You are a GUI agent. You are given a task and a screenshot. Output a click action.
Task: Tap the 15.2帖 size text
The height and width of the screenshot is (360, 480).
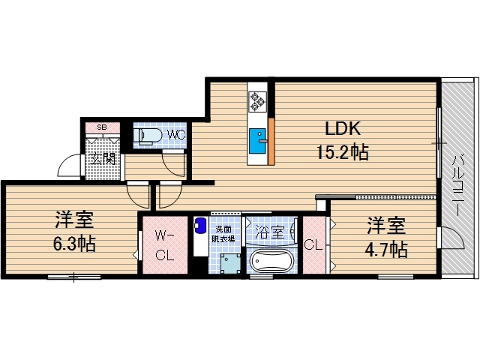340,153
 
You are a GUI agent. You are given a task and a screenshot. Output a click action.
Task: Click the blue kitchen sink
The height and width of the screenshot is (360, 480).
257,140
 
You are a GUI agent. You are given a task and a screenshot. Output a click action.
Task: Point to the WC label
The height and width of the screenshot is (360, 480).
176,135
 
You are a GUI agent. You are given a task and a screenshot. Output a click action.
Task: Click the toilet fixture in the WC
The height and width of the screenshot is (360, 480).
147,135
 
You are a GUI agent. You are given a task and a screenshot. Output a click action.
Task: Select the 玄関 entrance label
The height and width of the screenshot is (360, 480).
102,158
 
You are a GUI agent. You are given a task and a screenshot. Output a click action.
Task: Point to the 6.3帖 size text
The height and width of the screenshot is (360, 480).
73,244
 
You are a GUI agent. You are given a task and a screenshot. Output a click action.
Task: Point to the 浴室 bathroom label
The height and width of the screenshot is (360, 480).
270,232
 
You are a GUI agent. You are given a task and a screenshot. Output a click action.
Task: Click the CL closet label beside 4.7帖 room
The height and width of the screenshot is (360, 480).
313,244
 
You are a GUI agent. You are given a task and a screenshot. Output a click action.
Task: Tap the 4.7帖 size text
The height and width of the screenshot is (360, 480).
386,248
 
